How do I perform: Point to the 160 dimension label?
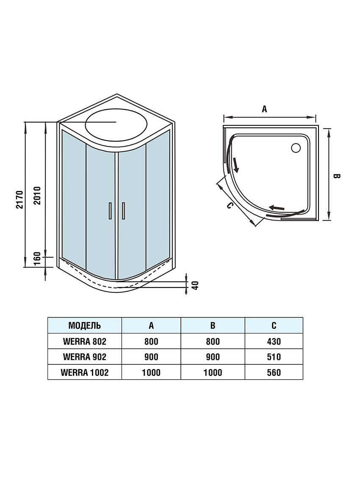coord(37,258)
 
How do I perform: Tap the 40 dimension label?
coord(195,285)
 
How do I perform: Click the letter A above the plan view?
coord(264,109)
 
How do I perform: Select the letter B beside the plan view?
coord(337,176)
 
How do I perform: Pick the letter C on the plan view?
coord(229,206)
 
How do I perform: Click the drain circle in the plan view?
coord(295,147)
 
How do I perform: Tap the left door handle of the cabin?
coord(110,210)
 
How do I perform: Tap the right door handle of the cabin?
coord(123,210)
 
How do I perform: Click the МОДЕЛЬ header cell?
coord(84,326)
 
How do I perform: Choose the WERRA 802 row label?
coord(84,341)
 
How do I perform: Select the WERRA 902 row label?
coord(84,357)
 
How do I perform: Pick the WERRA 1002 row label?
coord(84,372)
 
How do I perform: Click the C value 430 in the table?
coord(274,341)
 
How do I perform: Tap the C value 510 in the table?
coord(274,357)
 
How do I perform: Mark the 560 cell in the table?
coord(274,372)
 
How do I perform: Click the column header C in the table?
coord(274,326)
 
